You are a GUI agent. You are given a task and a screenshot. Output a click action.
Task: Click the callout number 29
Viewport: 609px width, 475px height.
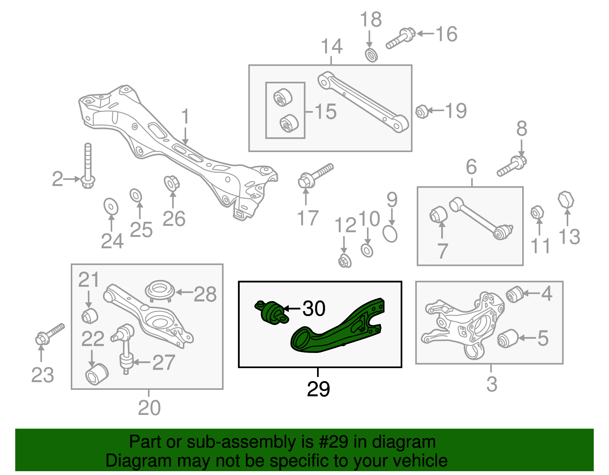coord(318,389)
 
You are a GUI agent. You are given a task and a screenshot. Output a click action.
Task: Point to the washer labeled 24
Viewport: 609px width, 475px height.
coord(111,207)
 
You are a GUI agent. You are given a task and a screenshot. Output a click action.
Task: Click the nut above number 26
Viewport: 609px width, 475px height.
coord(171,183)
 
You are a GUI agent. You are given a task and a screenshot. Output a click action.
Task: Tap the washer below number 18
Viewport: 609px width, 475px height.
coord(371,55)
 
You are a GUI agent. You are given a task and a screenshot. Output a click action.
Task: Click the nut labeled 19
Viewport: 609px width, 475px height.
coord(421,112)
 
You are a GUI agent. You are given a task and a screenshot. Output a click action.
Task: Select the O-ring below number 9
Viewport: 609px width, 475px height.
coord(390,234)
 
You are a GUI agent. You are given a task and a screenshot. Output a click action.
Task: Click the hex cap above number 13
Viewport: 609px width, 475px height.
coord(566,200)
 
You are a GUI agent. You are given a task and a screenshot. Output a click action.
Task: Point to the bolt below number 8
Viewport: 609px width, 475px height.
coord(512,167)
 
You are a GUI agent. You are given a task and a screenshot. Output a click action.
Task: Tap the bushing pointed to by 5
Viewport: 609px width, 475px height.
coord(507,338)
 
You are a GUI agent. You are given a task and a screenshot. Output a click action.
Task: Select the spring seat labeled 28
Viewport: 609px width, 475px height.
coord(160,291)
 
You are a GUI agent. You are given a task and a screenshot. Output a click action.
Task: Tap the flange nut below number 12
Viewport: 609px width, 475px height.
coord(344,261)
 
